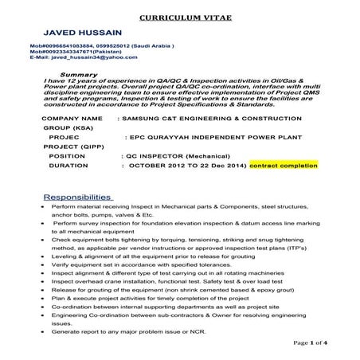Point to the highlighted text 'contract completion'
point(283,165)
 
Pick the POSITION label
point(67,155)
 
